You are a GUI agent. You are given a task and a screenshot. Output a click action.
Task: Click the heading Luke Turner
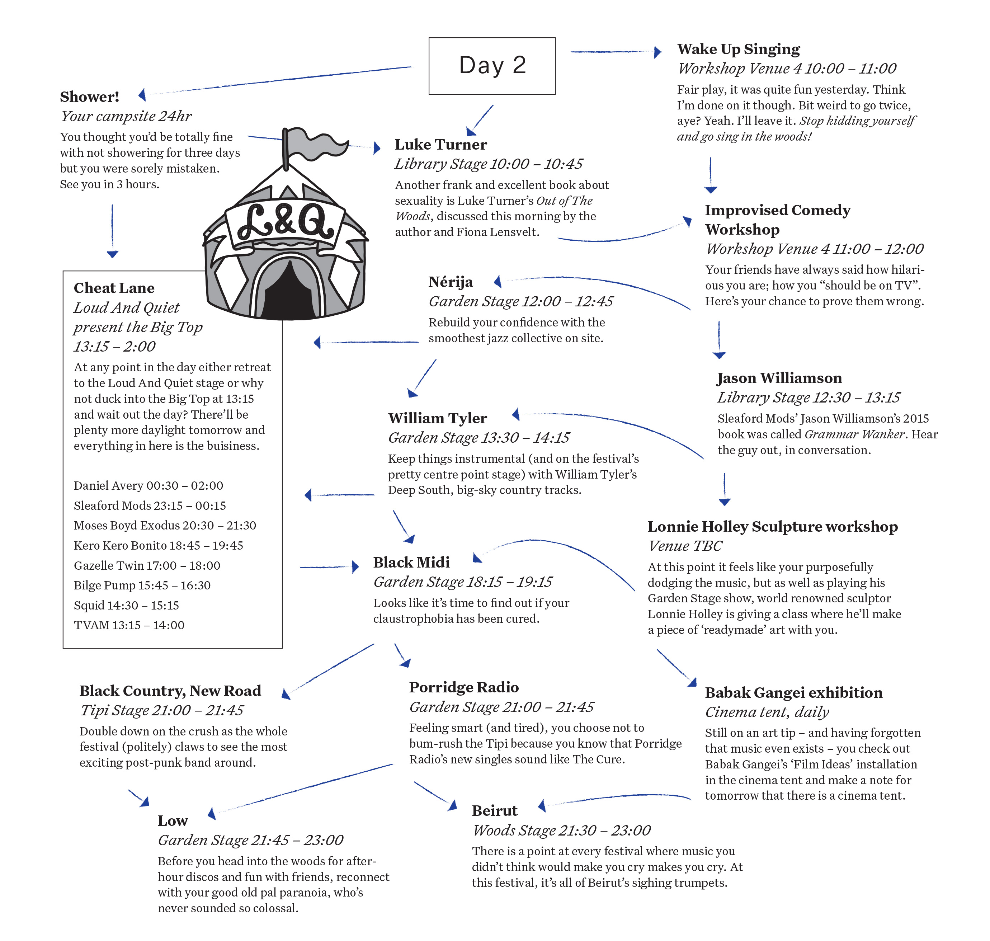(440, 145)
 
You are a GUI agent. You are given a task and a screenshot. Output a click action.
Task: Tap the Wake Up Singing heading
(738, 50)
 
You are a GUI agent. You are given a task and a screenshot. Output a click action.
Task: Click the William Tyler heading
(437, 418)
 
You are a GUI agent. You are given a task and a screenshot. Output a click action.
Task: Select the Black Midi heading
(411, 562)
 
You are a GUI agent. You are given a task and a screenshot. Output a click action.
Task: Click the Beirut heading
(495, 810)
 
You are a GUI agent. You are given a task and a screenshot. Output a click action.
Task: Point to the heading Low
(173, 820)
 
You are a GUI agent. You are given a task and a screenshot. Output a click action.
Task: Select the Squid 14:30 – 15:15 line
(126, 606)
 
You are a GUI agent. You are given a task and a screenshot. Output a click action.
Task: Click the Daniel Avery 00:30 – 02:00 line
(148, 485)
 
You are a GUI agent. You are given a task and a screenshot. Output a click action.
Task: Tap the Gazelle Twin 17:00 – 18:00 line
(147, 566)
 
